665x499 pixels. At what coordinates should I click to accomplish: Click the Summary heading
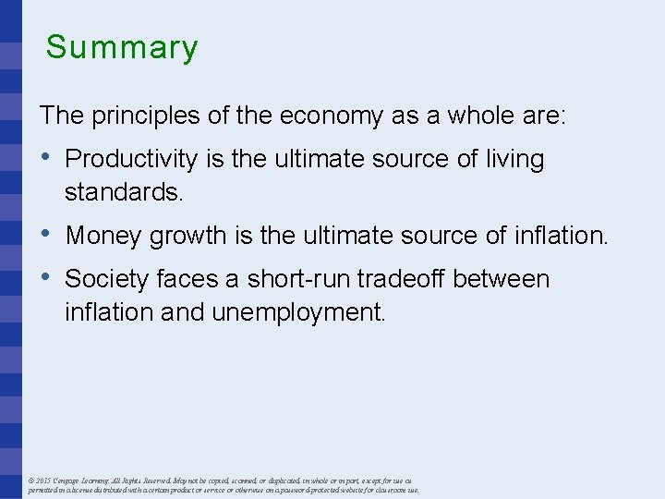tap(122, 47)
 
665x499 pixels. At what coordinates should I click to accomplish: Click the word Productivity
tap(131, 160)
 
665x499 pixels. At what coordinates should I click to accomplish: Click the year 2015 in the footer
tap(43, 481)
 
